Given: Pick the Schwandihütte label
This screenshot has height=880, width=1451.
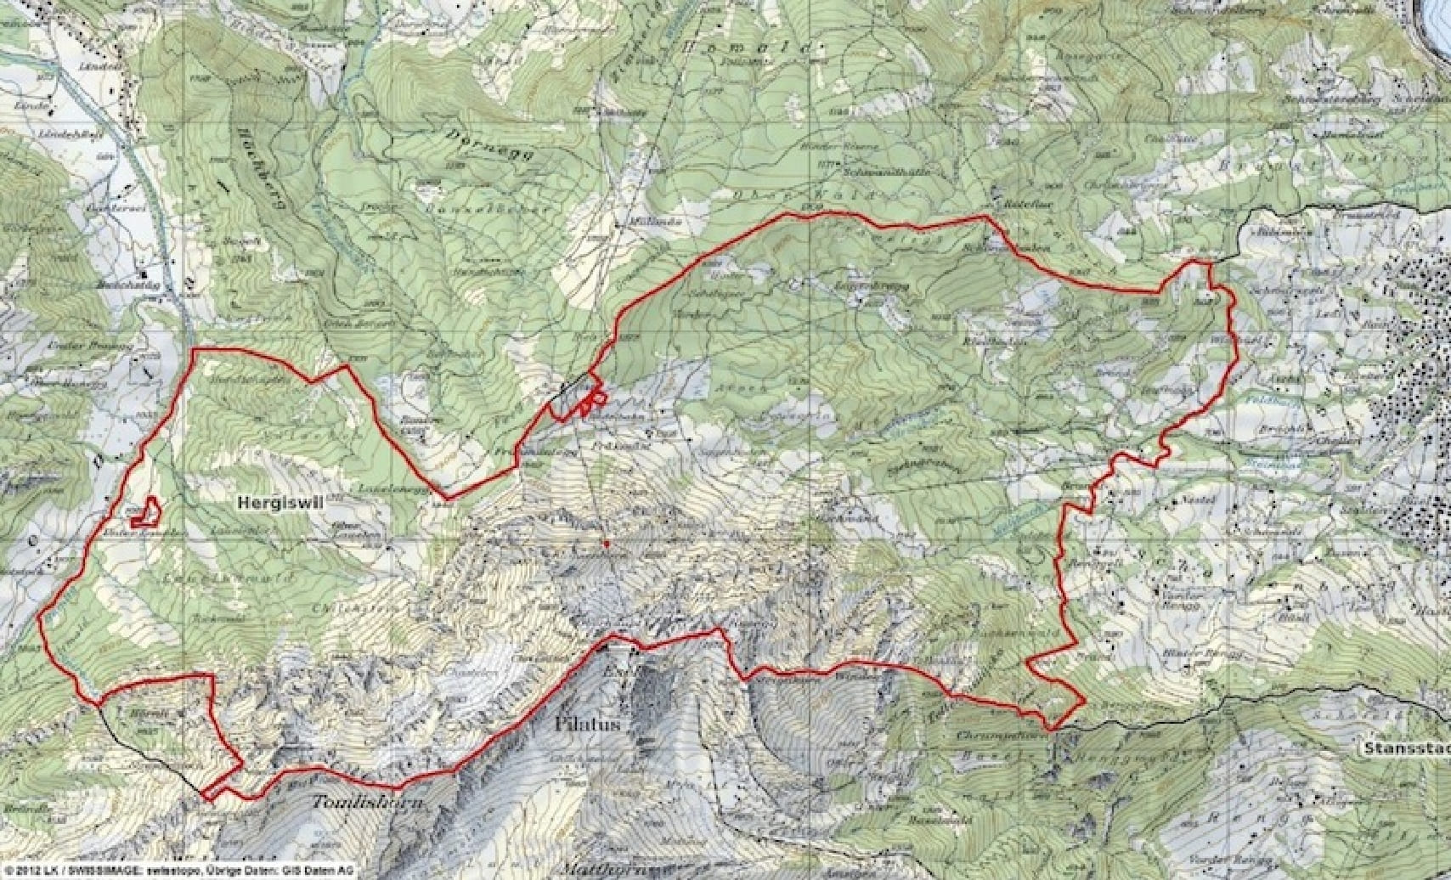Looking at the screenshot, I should point(896,171).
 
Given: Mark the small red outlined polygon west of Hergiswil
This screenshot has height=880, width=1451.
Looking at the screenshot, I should point(147,511).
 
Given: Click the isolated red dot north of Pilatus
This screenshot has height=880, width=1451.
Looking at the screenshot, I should point(606,541).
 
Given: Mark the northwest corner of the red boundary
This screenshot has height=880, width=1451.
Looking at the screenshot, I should point(195,349).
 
